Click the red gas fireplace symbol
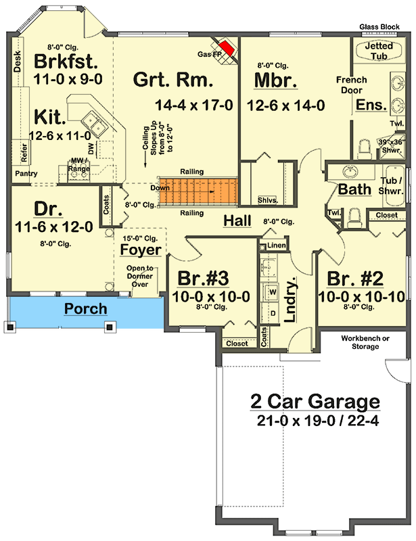click(229, 49)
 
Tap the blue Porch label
click(86, 309)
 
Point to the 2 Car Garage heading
click(315, 401)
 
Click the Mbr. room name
click(275, 80)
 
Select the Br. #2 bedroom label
click(356, 279)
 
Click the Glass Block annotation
click(386, 27)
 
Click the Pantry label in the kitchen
click(26, 174)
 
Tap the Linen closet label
click(275, 244)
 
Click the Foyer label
click(141, 250)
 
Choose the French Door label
click(352, 85)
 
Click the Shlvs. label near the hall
click(267, 200)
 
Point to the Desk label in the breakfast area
click(18, 63)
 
